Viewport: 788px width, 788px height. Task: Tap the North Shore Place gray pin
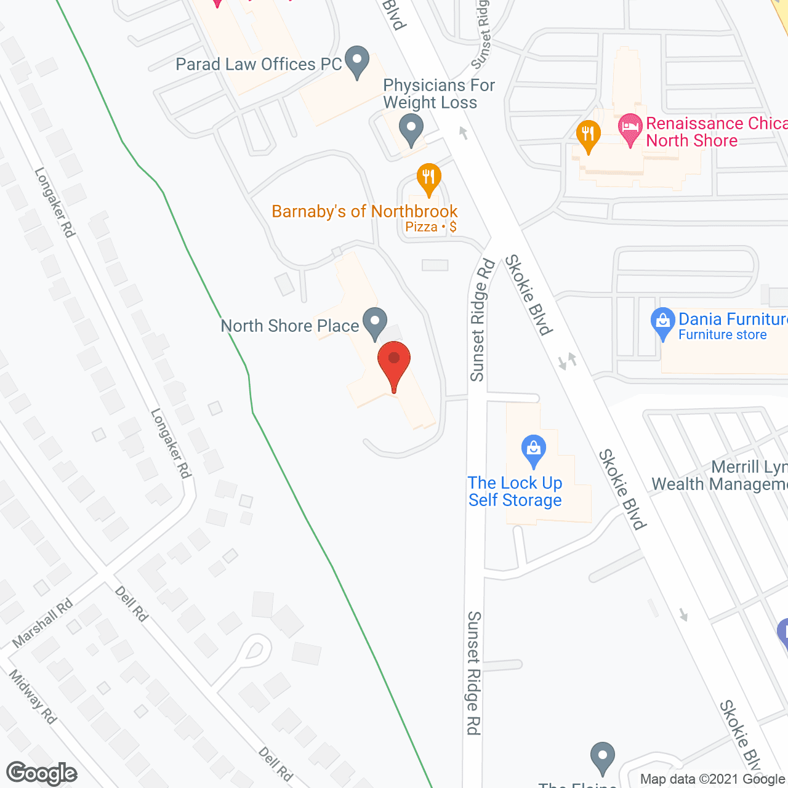pyautogui.click(x=374, y=322)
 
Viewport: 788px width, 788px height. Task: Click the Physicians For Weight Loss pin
pyautogui.click(x=411, y=130)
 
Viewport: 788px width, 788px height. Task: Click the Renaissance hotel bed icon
pyautogui.click(x=630, y=129)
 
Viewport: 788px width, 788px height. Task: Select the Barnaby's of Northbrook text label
pyautogui.click(x=364, y=212)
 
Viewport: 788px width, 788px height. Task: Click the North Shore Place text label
pyautogui.click(x=290, y=326)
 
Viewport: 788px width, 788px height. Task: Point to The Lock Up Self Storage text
pyautogui.click(x=515, y=491)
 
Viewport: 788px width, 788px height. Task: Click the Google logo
pyautogui.click(x=41, y=773)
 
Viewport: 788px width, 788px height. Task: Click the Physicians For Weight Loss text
pyautogui.click(x=438, y=94)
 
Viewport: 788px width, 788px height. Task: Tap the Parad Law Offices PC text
pyautogui.click(x=259, y=64)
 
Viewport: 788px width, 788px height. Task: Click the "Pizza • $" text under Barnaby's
pyautogui.click(x=431, y=227)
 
